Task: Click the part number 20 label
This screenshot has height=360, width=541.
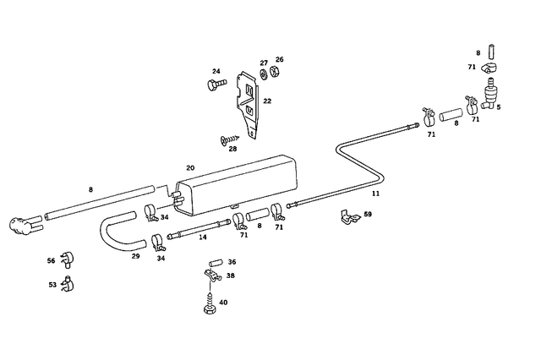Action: click(190, 168)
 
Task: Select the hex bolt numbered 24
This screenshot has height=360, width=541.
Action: click(216, 84)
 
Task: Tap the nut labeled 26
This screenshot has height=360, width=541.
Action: click(275, 71)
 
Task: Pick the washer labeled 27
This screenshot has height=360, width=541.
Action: click(264, 74)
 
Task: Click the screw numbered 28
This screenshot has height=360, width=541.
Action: click(229, 139)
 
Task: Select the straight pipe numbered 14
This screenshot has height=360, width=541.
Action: click(199, 229)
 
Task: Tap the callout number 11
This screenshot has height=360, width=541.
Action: click(375, 194)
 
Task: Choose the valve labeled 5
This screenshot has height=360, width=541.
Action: click(490, 94)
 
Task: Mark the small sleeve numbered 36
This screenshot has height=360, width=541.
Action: click(215, 264)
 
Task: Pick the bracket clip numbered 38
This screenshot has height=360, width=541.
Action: click(213, 275)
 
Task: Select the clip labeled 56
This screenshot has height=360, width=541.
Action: click(68, 259)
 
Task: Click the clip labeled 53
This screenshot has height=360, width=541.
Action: click(68, 284)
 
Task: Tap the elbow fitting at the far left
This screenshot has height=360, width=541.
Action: click(25, 225)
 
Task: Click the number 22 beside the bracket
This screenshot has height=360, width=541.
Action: click(267, 101)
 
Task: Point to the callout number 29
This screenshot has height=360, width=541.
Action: click(135, 256)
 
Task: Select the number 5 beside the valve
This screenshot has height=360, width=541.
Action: click(499, 106)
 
